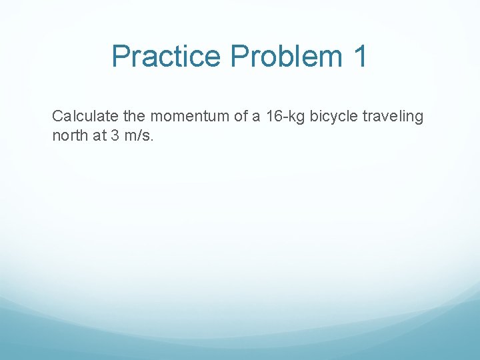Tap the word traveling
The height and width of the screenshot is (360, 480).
393,117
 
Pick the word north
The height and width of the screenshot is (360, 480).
67,137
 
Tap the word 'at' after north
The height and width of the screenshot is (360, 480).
93,137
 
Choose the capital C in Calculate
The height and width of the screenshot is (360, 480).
57,117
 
